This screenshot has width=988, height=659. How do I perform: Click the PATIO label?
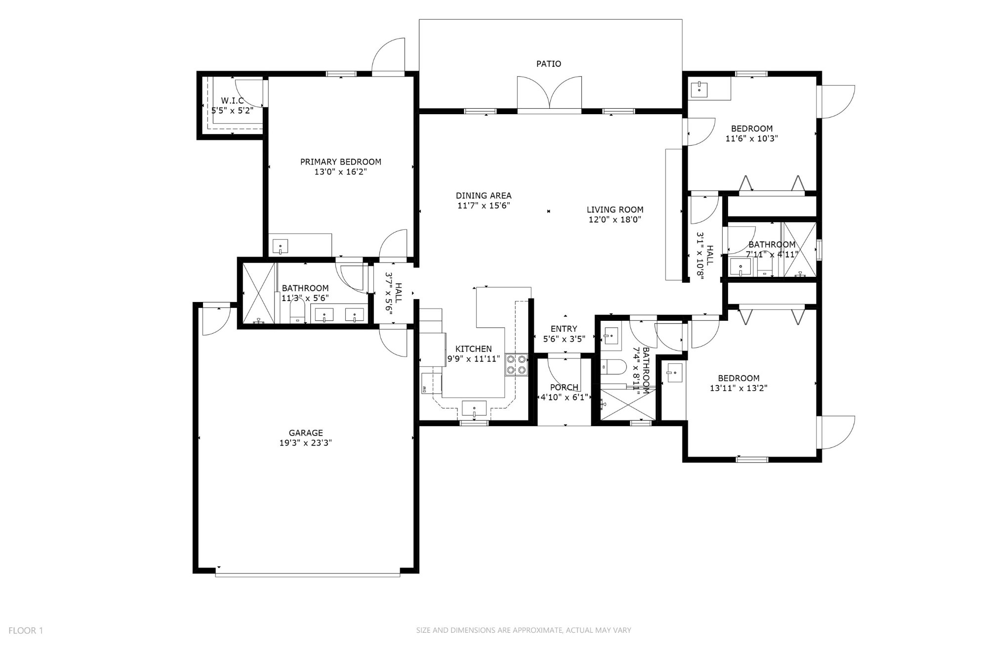click(x=548, y=64)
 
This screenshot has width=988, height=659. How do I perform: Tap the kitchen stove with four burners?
click(x=516, y=365)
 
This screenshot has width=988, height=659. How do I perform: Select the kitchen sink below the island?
click(x=474, y=409)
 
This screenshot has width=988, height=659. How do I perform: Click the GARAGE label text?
click(x=306, y=433)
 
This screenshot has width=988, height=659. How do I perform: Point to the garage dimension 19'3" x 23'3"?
click(x=305, y=443)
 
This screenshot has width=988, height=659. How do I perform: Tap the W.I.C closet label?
click(x=232, y=101)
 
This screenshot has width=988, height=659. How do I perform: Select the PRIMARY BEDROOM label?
click(x=340, y=162)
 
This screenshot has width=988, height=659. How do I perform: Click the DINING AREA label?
click(x=483, y=196)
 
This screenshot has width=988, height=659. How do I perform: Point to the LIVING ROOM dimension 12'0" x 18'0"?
click(x=615, y=220)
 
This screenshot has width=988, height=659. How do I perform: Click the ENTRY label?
click(x=564, y=329)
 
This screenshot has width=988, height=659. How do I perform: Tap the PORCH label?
click(x=564, y=387)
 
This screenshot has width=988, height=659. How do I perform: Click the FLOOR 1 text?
click(x=26, y=630)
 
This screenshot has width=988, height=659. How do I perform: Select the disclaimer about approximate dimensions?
click(x=524, y=630)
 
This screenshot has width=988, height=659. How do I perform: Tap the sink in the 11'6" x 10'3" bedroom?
click(x=700, y=89)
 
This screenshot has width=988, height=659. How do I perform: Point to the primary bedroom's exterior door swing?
click(x=388, y=55)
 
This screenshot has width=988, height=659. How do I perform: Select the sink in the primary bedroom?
click(x=280, y=246)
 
